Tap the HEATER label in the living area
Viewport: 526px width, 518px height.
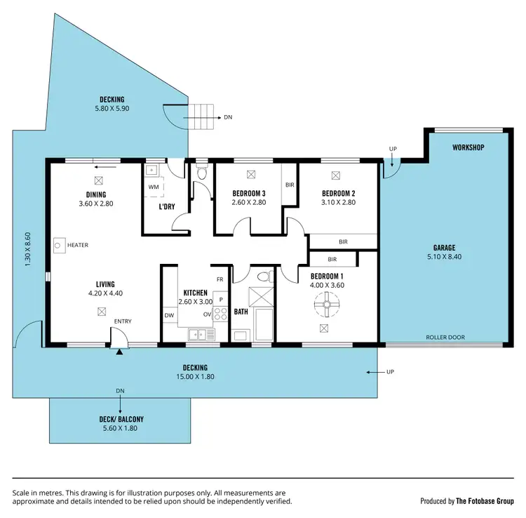click(x=78, y=245)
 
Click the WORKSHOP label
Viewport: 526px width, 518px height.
click(x=468, y=148)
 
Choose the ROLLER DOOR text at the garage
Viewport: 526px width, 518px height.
click(x=445, y=337)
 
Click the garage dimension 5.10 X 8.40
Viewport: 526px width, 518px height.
click(x=444, y=257)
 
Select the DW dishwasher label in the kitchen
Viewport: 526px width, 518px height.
click(x=168, y=316)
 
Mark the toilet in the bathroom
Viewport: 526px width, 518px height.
click(x=262, y=277)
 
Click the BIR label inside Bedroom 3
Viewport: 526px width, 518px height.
click(x=290, y=185)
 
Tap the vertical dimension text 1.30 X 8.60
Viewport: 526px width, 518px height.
click(x=29, y=249)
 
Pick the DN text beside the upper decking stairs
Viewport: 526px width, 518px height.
click(x=228, y=117)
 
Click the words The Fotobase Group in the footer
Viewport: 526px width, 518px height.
click(x=485, y=501)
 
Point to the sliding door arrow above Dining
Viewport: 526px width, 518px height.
click(x=104, y=167)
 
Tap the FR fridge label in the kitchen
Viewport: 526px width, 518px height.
click(x=220, y=279)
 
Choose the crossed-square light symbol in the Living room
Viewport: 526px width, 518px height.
click(x=102, y=310)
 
